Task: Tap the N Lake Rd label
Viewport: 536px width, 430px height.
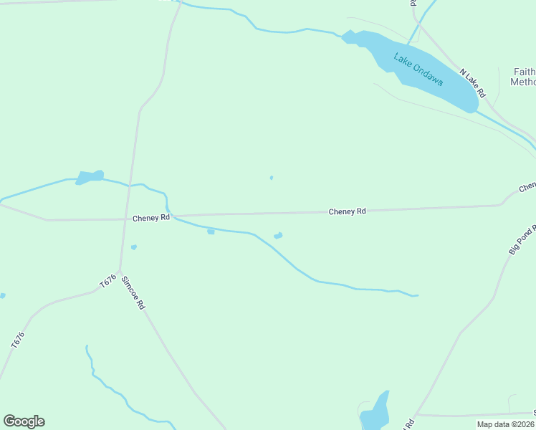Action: tap(473, 83)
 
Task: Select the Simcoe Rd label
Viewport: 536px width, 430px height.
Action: tap(133, 292)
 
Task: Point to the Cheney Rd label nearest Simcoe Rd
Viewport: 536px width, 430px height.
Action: tap(150, 217)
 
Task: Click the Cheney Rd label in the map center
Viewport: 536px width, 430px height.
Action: tap(347, 211)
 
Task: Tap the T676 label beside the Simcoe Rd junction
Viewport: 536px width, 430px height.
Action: tap(107, 282)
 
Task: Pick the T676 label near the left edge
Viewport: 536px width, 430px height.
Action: tap(18, 340)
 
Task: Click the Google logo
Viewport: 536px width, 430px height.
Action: tap(24, 421)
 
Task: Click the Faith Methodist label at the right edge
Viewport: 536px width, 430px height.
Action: tap(524, 77)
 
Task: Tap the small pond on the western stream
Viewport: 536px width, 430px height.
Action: tap(90, 176)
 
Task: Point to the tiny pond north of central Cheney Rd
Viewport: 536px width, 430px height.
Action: tap(271, 178)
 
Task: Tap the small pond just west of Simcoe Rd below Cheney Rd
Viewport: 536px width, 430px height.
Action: tap(134, 248)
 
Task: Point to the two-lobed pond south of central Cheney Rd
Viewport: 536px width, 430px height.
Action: tap(278, 236)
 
